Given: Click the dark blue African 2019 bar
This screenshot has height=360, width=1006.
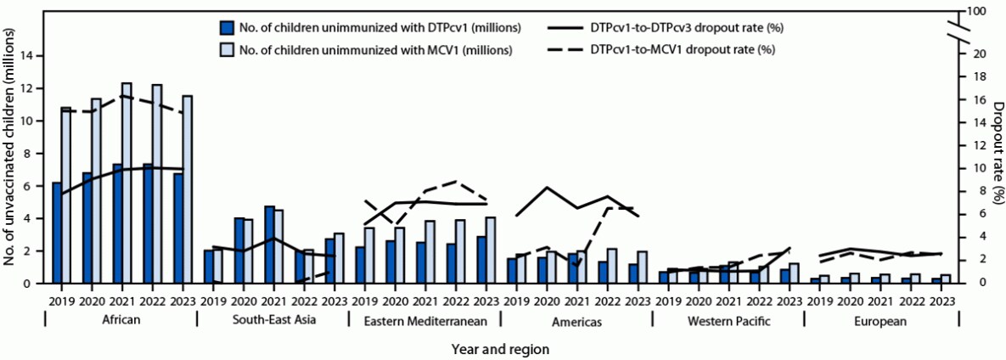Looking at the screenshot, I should click(x=57, y=233).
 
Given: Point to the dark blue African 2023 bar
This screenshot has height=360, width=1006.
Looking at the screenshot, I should click(x=177, y=228).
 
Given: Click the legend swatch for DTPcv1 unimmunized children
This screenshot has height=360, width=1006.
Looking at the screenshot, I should click(x=225, y=27).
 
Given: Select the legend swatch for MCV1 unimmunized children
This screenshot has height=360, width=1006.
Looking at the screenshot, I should click(x=225, y=49).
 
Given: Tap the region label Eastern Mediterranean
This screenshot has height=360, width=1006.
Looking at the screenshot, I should click(x=424, y=322).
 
